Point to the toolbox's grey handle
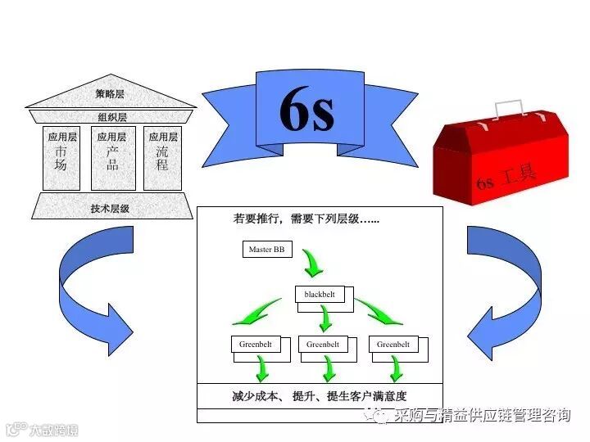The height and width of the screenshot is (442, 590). (507, 109)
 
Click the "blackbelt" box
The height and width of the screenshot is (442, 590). (320, 293)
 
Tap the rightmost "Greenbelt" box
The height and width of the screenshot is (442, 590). (393, 345)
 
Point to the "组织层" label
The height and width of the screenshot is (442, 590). (112, 117)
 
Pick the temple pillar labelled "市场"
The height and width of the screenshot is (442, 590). (61, 158)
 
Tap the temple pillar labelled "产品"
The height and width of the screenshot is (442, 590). (112, 158)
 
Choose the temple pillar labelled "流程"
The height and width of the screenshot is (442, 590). (162, 158)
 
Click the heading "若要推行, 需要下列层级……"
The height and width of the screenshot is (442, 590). (306, 219)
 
